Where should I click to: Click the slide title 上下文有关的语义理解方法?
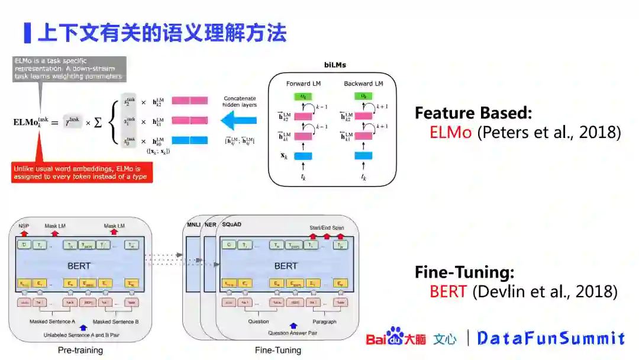pyautogui.click(x=162, y=33)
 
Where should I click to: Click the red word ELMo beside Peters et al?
pyautogui.click(x=451, y=132)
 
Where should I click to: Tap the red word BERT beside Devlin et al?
pyautogui.click(x=449, y=291)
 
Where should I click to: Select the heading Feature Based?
pyautogui.click(x=473, y=113)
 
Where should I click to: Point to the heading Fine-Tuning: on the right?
pyautogui.click(x=464, y=272)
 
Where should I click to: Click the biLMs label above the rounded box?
pyautogui.click(x=335, y=65)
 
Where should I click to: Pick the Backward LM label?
pyautogui.click(x=363, y=83)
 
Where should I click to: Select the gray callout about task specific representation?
pyautogui.click(x=69, y=68)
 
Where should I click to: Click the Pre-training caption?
pyautogui.click(x=80, y=350)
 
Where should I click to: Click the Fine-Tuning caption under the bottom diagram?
pyautogui.click(x=278, y=350)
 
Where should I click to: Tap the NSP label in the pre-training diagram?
pyautogui.click(x=24, y=226)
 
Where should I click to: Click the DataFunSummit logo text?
pyautogui.click(x=551, y=339)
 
